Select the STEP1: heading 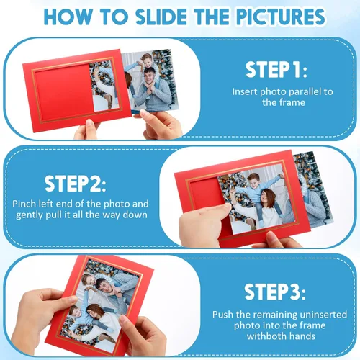click(276, 70)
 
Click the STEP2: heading click(76, 184)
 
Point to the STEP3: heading click(275, 292)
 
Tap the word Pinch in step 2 click(24, 204)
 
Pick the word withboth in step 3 click(266, 336)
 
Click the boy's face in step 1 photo click(147, 61)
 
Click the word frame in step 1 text click(293, 103)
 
